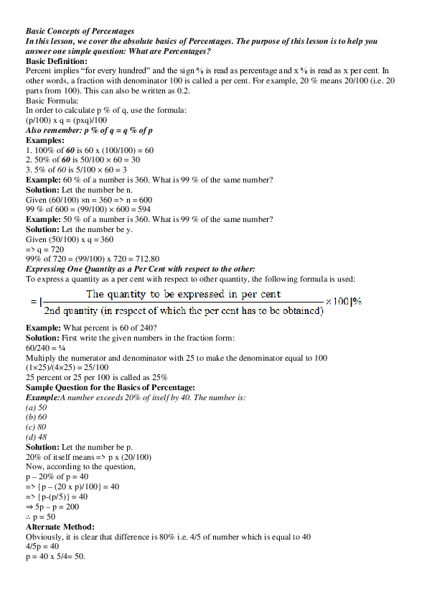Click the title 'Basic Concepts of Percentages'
coord(80,32)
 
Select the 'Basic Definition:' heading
coord(56,62)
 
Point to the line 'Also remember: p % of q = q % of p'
coord(88,130)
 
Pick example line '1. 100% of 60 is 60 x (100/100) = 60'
coord(90,149)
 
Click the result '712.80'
coord(143,259)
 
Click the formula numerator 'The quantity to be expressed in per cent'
coord(183,295)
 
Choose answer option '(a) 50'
coord(37,407)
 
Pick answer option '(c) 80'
coord(37,427)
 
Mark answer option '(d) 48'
coord(37,437)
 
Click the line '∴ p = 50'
coord(41,517)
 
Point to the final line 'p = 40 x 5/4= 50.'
coord(55,556)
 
